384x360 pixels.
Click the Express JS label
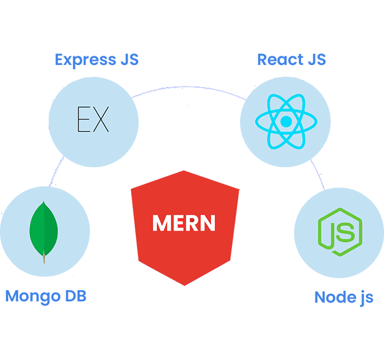96,59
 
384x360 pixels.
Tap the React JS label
291,59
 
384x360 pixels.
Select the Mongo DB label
46,296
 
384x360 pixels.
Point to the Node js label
344,297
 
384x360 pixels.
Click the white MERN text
184,223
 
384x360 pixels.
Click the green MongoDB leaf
44,229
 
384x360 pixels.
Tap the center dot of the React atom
285,122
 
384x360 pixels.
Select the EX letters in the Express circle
93,120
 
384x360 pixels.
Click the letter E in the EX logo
84,120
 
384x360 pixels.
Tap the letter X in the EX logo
101,120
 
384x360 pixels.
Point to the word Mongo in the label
32,296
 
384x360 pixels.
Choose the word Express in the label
84,59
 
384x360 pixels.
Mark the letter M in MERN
160,223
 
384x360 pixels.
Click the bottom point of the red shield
184,285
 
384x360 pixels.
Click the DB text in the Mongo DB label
75,296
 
